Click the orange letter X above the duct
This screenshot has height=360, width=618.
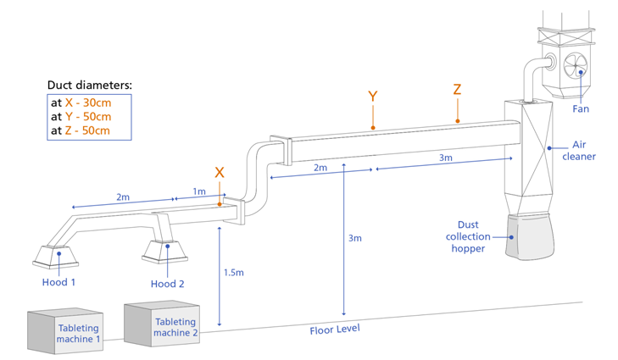coord(220,172)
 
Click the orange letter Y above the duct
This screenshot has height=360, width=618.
coord(372,96)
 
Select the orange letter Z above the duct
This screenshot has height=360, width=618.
coord(457,90)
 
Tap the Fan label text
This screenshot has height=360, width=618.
coord(581,108)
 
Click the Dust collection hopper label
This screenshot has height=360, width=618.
coord(468,236)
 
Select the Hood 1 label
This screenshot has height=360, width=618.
coord(58,282)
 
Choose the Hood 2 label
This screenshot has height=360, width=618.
coord(167,284)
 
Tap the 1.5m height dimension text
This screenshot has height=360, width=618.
coord(234,273)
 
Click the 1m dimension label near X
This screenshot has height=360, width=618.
coord(198,191)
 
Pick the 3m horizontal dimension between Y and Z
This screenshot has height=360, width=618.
coord(445,158)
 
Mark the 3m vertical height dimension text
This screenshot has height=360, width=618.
coord(354,238)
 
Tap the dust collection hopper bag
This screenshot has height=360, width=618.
coord(532,236)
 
